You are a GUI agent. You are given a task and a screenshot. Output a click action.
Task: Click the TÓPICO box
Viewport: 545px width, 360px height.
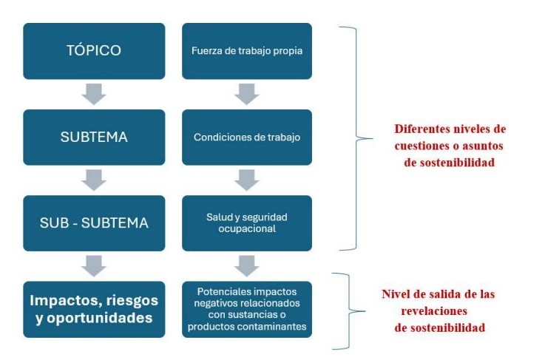93,51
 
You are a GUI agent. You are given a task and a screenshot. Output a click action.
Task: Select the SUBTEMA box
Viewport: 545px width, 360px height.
93,137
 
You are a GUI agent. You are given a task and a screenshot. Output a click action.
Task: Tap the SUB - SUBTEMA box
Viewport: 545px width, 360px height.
93,223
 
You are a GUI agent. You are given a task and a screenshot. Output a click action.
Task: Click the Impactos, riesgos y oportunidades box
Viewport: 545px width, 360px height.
93,309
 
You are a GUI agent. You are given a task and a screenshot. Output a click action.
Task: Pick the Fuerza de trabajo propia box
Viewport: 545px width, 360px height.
247,51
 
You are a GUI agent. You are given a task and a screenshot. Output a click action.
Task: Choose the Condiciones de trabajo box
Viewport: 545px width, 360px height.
247,137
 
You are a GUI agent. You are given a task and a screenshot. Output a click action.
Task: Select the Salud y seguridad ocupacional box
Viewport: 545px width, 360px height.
247,223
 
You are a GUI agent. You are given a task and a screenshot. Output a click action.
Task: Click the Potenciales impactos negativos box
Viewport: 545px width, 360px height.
247,309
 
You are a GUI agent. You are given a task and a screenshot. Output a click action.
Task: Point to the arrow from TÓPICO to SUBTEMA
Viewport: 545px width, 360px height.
93,95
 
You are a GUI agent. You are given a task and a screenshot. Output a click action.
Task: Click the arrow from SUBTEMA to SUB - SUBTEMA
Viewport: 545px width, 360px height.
93,180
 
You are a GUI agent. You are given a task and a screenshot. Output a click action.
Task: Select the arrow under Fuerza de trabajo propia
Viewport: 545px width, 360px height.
247,95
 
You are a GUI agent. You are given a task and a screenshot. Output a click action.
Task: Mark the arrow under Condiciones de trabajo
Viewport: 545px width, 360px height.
247,180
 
